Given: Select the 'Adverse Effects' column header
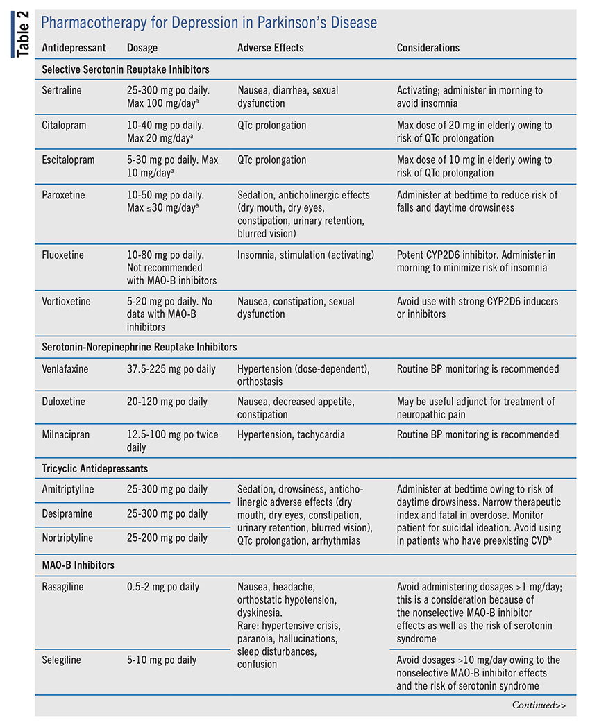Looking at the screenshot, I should (270, 48).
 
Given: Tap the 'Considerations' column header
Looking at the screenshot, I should (428, 48).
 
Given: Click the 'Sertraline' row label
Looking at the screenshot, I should (62, 90).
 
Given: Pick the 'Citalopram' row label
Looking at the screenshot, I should (63, 126).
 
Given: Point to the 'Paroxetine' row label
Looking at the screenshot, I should (63, 195).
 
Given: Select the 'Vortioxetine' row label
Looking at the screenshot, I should (66, 301).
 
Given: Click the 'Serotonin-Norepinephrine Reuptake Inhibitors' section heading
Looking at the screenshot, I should (139, 347).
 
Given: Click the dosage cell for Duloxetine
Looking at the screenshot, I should (167, 402).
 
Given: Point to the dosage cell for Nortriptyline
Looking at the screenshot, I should (167, 538).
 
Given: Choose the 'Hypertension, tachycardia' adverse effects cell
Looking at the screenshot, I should (291, 435).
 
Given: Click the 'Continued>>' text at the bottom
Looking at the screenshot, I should (539, 705).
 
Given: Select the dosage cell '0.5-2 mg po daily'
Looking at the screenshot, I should (163, 587).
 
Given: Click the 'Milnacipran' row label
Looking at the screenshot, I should (65, 435).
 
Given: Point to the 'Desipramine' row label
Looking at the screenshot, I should (66, 513).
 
